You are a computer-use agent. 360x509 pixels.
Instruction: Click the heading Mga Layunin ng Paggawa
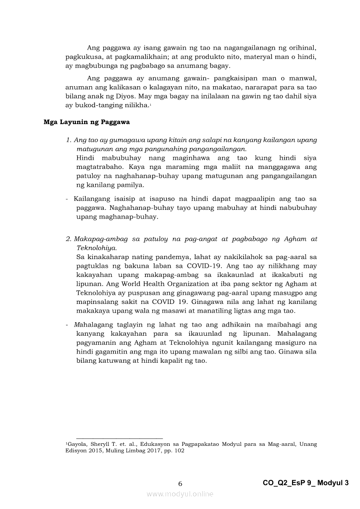(86, 122)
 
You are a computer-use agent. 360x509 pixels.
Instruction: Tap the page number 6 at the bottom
(180, 483)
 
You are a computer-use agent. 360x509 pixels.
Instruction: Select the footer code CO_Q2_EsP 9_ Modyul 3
(306, 483)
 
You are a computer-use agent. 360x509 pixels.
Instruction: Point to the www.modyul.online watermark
(180, 494)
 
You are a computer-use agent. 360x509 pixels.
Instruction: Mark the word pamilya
(129, 185)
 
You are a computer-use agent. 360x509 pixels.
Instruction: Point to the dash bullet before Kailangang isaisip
(67, 199)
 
